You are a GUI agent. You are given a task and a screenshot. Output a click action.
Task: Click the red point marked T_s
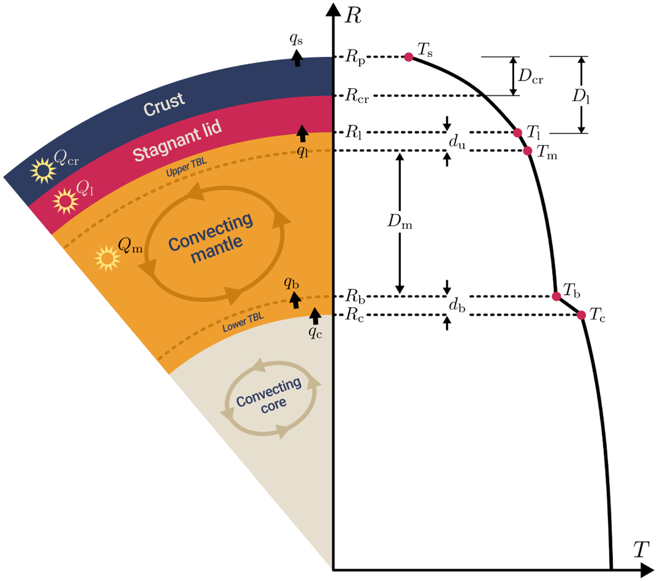pos(408,57)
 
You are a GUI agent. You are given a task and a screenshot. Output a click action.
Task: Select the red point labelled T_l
pos(517,132)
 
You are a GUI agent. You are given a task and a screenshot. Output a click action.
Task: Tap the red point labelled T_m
pos(528,150)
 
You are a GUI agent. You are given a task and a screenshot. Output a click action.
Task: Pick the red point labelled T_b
pos(556,296)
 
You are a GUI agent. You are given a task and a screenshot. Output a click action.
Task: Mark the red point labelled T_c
pos(581,315)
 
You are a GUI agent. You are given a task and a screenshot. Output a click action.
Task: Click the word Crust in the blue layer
pos(164,104)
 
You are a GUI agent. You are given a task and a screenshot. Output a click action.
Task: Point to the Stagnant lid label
pos(177,141)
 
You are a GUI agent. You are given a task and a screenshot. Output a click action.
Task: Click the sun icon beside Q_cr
pos(43,171)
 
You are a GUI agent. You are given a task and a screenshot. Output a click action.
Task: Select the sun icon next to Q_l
pos(66,201)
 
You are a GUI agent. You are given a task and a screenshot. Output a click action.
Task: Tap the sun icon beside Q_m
pos(107,258)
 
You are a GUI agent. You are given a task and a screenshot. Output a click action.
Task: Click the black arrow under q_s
pos(297,58)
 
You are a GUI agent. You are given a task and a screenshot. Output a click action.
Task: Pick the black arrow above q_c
pos(315,316)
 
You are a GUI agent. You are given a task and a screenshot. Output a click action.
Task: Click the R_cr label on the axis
pos(357,96)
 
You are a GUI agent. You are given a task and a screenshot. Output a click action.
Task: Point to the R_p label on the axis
pos(355,57)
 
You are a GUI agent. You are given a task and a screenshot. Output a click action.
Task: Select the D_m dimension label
pos(400,222)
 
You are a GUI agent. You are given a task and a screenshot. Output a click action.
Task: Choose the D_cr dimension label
pos(531,77)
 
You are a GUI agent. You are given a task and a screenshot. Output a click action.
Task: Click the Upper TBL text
pos(186,167)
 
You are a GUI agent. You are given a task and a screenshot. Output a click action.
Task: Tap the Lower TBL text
pos(243,322)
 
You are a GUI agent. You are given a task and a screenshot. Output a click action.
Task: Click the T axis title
pos(641,550)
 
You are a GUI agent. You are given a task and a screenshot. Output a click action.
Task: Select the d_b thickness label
pos(457,305)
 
